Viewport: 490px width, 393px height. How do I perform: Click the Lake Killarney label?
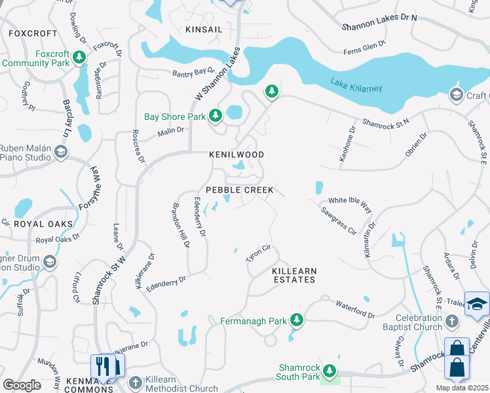click(x=356, y=86)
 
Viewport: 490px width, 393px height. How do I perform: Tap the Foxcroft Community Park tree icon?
click(x=79, y=58)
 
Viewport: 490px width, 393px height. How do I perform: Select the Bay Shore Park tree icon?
click(x=216, y=117)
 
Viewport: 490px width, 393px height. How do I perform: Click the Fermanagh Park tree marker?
click(x=297, y=320)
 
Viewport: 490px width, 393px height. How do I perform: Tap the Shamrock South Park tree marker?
click(x=331, y=371)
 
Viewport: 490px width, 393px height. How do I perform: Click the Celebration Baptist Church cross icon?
click(x=452, y=322)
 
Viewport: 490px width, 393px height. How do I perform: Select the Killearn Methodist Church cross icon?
click(x=135, y=383)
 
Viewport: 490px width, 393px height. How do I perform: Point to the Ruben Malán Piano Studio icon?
click(x=61, y=153)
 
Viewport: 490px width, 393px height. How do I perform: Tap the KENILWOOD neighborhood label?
click(x=236, y=155)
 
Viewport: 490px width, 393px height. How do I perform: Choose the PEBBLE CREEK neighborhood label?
click(x=240, y=190)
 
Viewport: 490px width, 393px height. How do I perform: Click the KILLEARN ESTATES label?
click(x=294, y=275)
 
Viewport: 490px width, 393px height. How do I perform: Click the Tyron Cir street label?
click(x=258, y=253)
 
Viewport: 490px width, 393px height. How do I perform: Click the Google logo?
click(x=22, y=385)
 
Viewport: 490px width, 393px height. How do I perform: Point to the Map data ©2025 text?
click(x=462, y=388)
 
